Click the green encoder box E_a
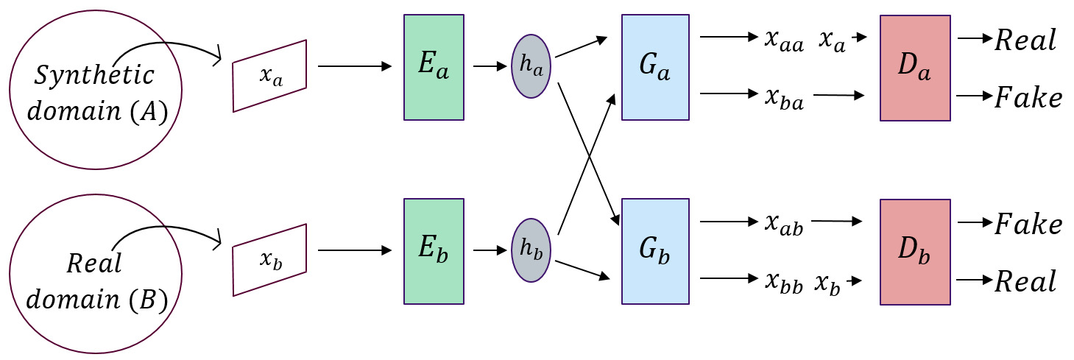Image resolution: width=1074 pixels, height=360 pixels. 434,67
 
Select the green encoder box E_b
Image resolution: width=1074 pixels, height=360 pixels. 434,251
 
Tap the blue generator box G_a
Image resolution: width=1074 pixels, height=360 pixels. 655,67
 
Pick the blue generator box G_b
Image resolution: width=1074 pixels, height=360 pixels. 655,251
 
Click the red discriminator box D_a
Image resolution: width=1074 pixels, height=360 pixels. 915,67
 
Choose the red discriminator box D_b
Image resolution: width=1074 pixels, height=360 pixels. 915,251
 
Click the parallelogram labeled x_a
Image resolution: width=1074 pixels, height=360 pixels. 269,76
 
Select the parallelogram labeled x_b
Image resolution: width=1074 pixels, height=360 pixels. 269,260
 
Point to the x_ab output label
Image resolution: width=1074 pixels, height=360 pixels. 783,224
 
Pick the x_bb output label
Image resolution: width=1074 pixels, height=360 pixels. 783,281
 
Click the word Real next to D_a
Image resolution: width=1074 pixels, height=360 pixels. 1025,40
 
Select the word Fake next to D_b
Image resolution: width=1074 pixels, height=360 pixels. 1028,225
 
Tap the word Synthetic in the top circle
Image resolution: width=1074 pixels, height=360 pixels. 95,75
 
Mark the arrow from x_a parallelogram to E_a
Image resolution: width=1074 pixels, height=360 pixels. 354,67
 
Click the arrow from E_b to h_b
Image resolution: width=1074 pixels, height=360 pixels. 485,251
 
